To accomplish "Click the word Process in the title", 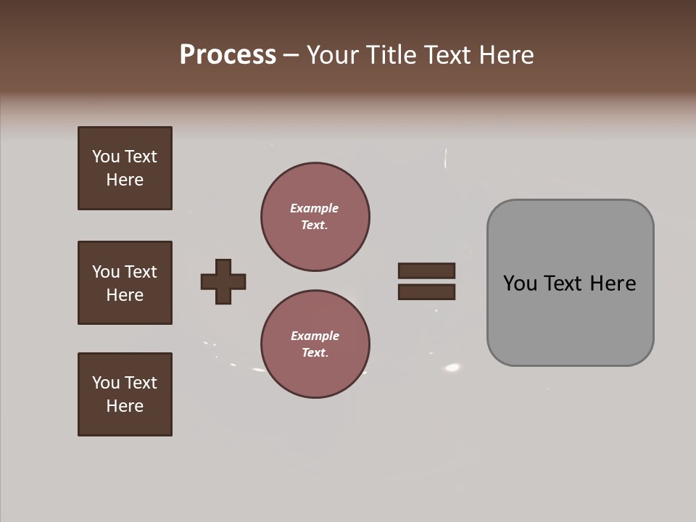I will (x=228, y=55).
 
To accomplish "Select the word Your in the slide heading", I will (x=334, y=55).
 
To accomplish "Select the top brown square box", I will (x=125, y=168).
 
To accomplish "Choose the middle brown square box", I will (x=125, y=283).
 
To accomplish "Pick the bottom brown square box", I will (x=125, y=394).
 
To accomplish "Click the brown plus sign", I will (x=223, y=281).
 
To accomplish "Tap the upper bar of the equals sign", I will (x=426, y=270).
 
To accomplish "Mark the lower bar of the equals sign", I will (x=426, y=292).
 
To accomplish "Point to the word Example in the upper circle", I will (x=314, y=208).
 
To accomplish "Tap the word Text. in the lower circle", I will (x=315, y=353).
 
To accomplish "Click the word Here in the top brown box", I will (x=125, y=180).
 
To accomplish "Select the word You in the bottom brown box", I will (x=104, y=383).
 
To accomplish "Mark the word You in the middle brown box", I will (x=104, y=272).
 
